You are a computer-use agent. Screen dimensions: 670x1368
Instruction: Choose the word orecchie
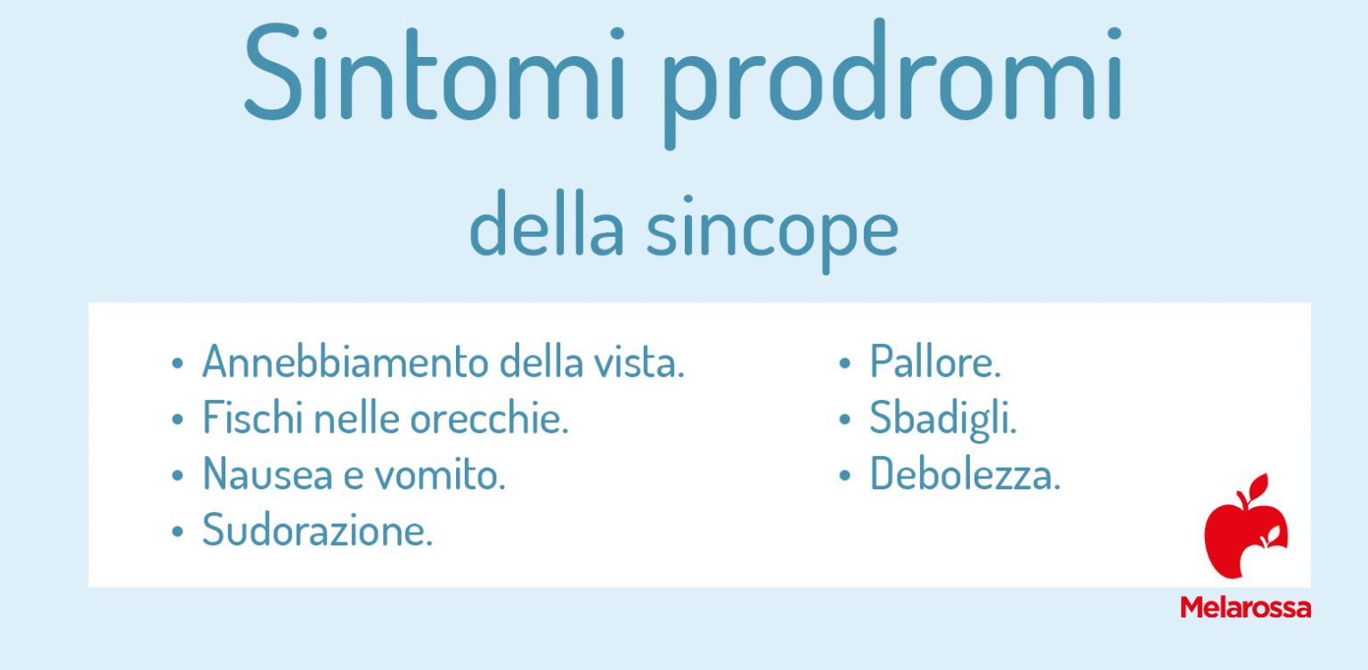489,419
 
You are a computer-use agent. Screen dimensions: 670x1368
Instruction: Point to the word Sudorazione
317,532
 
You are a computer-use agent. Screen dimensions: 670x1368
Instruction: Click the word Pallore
935,363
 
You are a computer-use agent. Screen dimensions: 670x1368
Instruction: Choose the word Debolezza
965,475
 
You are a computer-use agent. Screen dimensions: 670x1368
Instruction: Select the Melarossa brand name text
1245,608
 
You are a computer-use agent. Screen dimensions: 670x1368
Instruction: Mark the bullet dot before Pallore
844,364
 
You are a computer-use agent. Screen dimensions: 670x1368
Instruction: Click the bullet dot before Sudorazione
178,533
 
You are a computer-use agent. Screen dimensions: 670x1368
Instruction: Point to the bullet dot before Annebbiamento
178,364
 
